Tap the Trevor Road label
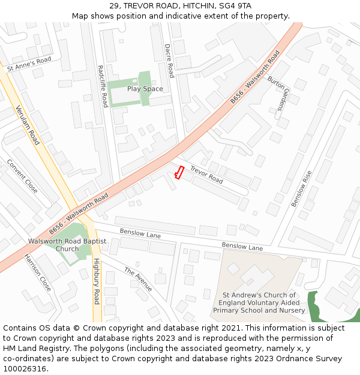point(206,175)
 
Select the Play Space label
point(145,89)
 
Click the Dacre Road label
point(169,61)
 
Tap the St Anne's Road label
point(29,65)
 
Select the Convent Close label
point(23,176)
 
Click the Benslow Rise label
point(302,188)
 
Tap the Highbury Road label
point(96,281)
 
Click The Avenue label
point(139,279)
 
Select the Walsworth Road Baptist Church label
point(67,245)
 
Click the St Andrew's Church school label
point(259,302)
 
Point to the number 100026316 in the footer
point(25,368)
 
